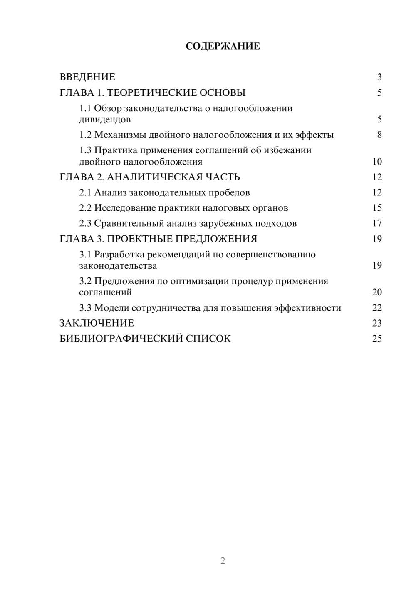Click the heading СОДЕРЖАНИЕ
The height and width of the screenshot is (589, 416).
point(223,46)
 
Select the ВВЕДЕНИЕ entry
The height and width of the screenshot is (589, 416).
point(87,77)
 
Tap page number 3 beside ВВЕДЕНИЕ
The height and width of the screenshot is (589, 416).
point(379,77)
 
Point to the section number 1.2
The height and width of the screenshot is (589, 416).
point(85,135)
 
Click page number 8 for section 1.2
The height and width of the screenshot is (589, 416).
point(379,135)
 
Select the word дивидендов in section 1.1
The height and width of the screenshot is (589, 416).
point(105,120)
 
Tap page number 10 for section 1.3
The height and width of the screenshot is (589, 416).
point(377,162)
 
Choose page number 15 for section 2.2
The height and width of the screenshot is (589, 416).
point(377,208)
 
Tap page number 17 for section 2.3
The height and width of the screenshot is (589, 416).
point(377,223)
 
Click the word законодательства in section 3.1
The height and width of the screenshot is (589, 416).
point(118,265)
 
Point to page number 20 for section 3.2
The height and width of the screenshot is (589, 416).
point(377,292)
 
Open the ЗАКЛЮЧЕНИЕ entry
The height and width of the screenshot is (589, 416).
point(97,323)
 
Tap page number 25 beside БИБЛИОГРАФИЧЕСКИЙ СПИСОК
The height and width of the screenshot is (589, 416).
point(377,339)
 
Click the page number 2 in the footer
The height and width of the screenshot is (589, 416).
point(223,561)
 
